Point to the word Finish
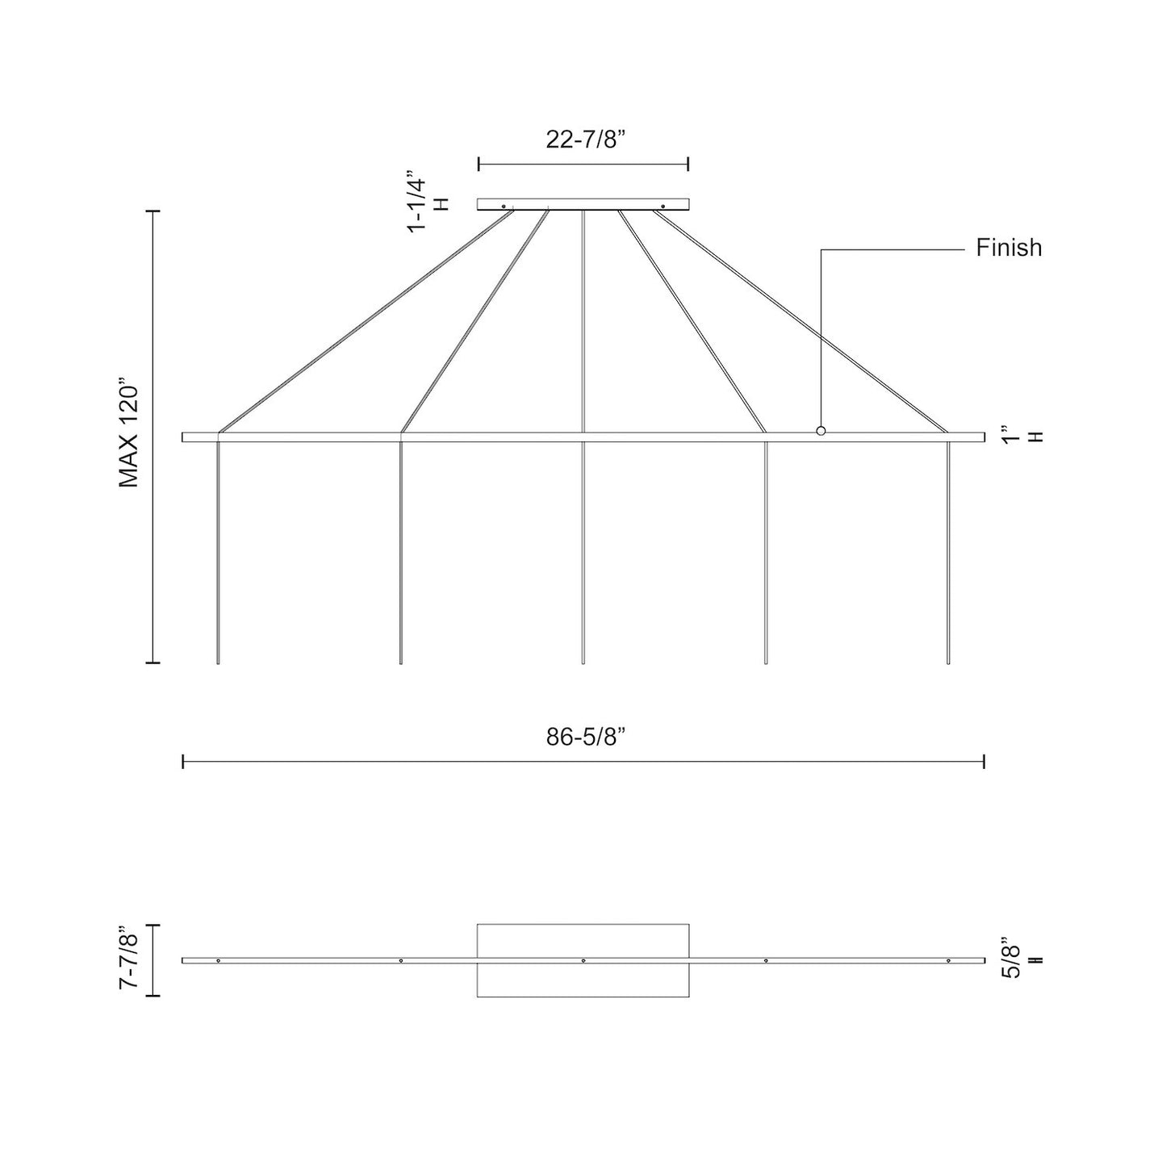[1009, 248]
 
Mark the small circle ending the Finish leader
[821, 431]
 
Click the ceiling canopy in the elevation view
[583, 204]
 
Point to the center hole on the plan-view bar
[583, 961]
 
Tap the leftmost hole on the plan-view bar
[218, 961]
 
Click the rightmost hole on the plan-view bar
[948, 961]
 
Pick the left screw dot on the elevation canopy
[504, 206]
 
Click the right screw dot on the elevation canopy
[662, 206]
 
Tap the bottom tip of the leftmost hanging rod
[218, 662]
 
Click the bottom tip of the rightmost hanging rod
[948, 662]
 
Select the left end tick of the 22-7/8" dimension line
[479, 164]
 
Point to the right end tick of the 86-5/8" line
[984, 761]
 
